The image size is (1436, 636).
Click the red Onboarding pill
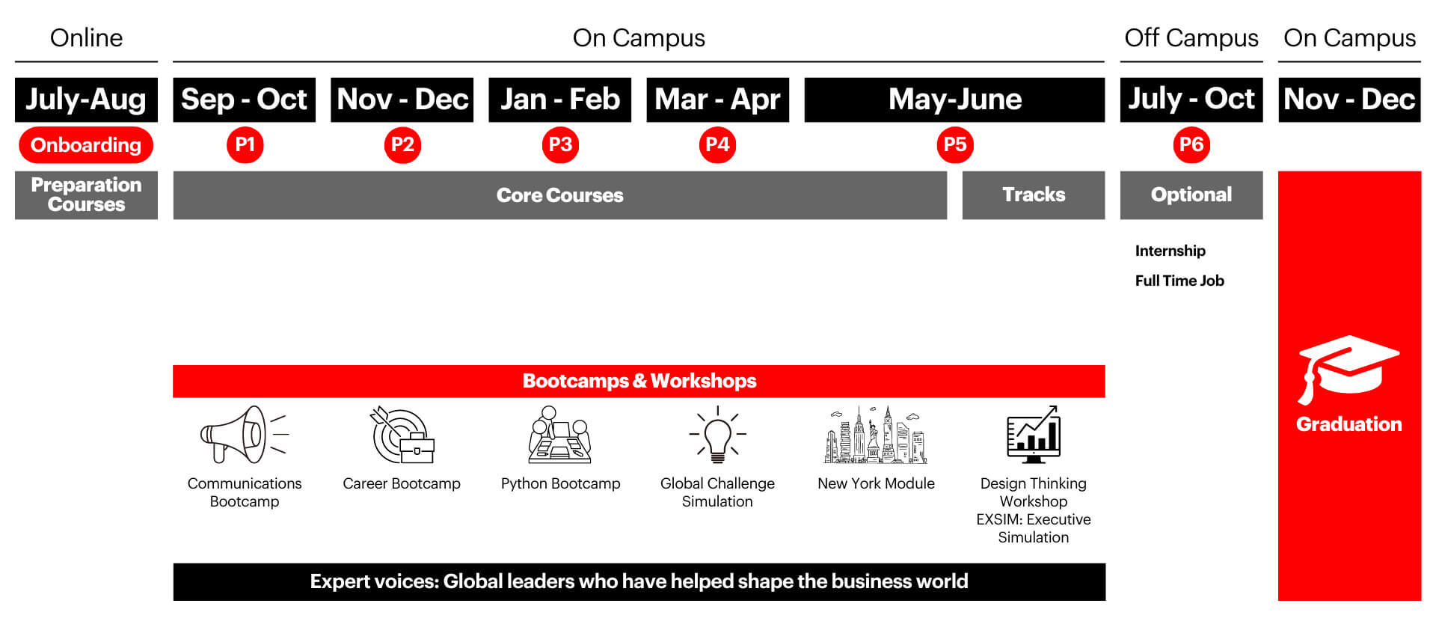(86, 145)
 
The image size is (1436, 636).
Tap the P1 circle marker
(245, 145)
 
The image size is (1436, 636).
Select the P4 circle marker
(717, 145)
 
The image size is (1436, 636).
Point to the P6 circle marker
(1191, 145)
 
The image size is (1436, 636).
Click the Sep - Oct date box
(244, 100)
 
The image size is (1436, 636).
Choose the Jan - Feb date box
(559, 100)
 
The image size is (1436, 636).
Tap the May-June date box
(954, 100)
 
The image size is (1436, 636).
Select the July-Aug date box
(86, 100)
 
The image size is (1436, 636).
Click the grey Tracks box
(1033, 195)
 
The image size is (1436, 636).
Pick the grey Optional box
(1191, 195)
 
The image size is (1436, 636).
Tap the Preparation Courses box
(86, 195)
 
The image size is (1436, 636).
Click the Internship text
(1170, 251)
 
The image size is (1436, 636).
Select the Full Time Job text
(1179, 281)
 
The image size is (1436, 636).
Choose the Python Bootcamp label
(560, 484)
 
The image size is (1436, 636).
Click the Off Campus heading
(1191, 38)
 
